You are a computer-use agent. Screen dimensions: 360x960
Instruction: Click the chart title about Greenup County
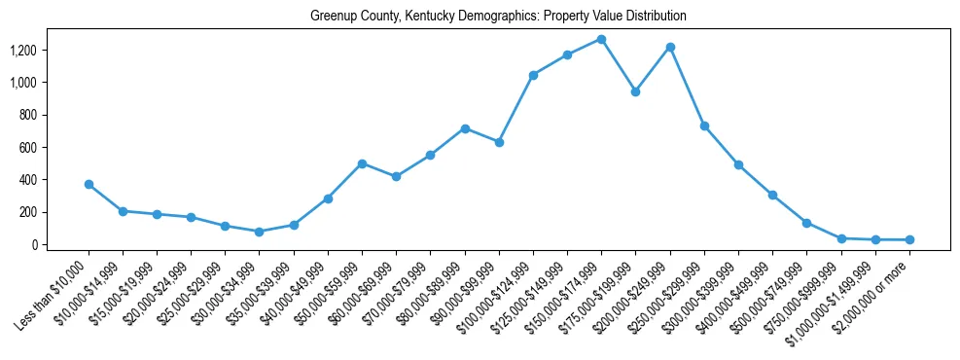pos(499,17)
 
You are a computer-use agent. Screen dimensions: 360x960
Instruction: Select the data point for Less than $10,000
pos(89,184)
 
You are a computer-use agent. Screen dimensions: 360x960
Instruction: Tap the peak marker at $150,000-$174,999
pos(601,39)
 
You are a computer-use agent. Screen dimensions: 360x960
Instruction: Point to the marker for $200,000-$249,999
pos(670,47)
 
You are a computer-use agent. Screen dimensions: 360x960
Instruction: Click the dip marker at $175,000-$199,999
pos(635,91)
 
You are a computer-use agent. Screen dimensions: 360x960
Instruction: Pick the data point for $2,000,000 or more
pos(909,239)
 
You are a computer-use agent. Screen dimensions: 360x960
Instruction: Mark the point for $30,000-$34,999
pos(260,232)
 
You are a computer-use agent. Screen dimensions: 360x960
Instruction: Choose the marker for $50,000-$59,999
pos(362,163)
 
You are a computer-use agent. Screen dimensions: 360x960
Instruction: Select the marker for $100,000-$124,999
pos(533,75)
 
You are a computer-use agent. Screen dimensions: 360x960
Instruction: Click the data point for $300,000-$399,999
pos(738,164)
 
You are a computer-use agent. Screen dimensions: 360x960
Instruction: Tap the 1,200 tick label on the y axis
pos(24,50)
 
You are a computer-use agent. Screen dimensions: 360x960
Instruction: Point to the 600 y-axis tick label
pos(30,147)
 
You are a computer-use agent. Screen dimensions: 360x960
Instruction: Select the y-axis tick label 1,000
pos(24,82)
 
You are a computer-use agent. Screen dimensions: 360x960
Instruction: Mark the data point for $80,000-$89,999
pos(465,128)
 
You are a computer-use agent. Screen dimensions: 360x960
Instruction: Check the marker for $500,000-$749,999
pos(806,223)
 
